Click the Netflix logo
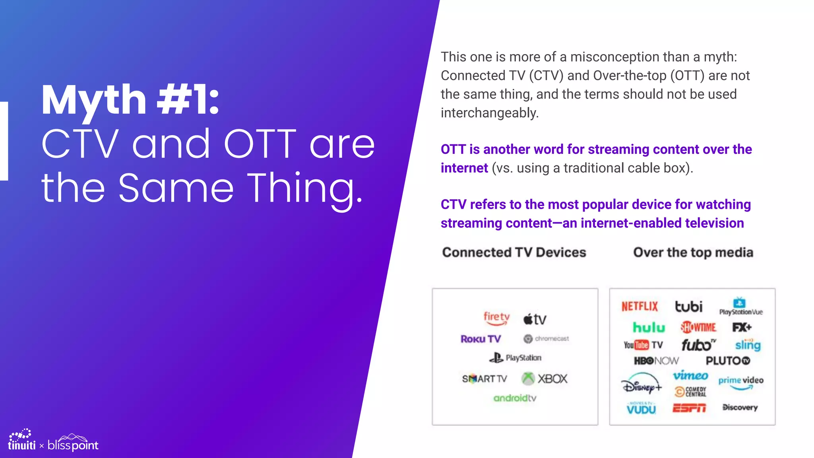(640, 307)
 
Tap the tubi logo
(688, 307)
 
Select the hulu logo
(649, 328)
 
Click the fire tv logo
(496, 318)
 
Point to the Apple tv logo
(535, 319)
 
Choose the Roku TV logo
(481, 339)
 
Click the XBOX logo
(545, 378)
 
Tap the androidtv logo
(515, 398)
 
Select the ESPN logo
(689, 408)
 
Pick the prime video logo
(741, 382)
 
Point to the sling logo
(748, 345)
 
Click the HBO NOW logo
(656, 361)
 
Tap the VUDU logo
(641, 408)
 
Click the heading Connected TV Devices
(514, 252)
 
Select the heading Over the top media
(693, 252)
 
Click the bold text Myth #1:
(130, 100)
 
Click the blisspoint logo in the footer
(73, 443)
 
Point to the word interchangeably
(489, 113)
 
